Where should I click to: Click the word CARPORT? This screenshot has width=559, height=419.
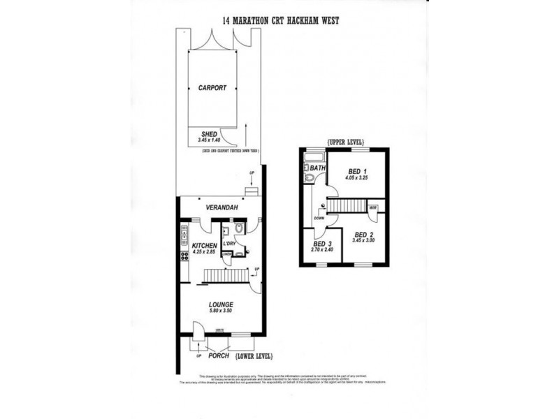(x=212, y=89)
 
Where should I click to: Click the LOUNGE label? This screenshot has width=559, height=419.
(x=221, y=304)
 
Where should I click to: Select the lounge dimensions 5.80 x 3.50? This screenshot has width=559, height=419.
(x=221, y=312)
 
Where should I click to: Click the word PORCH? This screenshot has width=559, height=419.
(x=218, y=355)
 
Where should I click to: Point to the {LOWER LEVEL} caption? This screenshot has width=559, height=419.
(x=254, y=355)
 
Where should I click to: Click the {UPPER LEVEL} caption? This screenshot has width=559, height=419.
(x=345, y=142)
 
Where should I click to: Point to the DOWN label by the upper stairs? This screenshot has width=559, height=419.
(x=319, y=217)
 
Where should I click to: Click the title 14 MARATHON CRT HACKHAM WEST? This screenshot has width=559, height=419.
(x=280, y=21)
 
